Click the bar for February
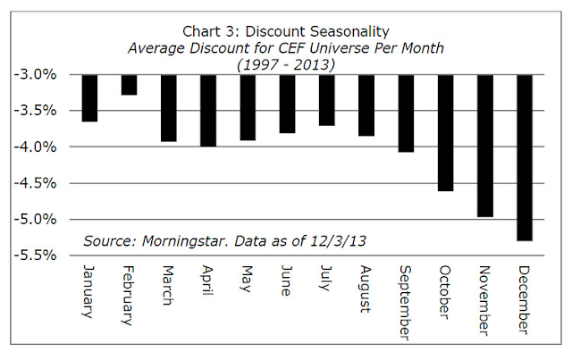130,85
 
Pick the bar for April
209,111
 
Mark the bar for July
327,101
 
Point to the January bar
90,98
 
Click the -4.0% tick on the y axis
43,147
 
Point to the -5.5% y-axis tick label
43,255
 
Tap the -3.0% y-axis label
43,75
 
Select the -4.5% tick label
43,183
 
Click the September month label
406,302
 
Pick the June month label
288,282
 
